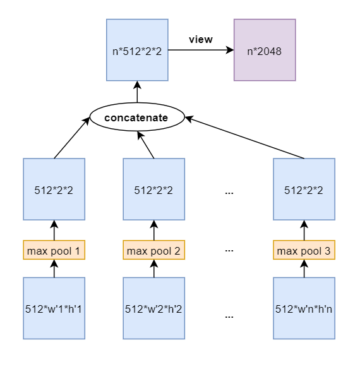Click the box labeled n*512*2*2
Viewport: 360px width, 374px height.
[137, 50]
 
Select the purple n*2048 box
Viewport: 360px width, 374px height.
[265, 50]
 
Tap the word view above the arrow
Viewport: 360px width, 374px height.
[201, 40]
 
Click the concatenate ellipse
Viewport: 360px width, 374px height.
[137, 117]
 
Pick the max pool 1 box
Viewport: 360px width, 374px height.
[54, 250]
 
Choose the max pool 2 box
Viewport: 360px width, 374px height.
[153, 250]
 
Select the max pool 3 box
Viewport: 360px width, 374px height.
[304, 250]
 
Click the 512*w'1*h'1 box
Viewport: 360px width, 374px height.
[54, 308]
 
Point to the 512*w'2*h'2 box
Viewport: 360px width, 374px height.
[153, 308]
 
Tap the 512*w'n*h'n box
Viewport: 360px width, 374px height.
[304, 308]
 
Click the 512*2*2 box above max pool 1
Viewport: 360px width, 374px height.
[54, 189]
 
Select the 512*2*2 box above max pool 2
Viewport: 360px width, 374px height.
[153, 189]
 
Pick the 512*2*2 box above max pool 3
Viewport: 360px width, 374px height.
[304, 189]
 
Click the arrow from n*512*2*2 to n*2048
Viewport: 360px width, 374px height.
[201, 50]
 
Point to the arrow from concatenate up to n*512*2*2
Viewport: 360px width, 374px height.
[137, 92]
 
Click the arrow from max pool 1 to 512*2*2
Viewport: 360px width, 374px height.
[54, 230]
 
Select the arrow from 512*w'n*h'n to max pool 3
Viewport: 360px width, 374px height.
[304, 268]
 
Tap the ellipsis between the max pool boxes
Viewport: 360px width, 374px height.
[229, 251]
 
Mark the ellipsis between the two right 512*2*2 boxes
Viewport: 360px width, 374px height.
[229, 193]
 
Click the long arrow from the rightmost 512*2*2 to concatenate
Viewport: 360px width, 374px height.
[244, 137]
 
